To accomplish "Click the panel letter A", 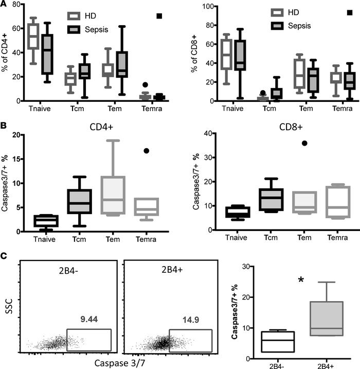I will click(5, 5).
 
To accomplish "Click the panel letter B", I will click(5, 124).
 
